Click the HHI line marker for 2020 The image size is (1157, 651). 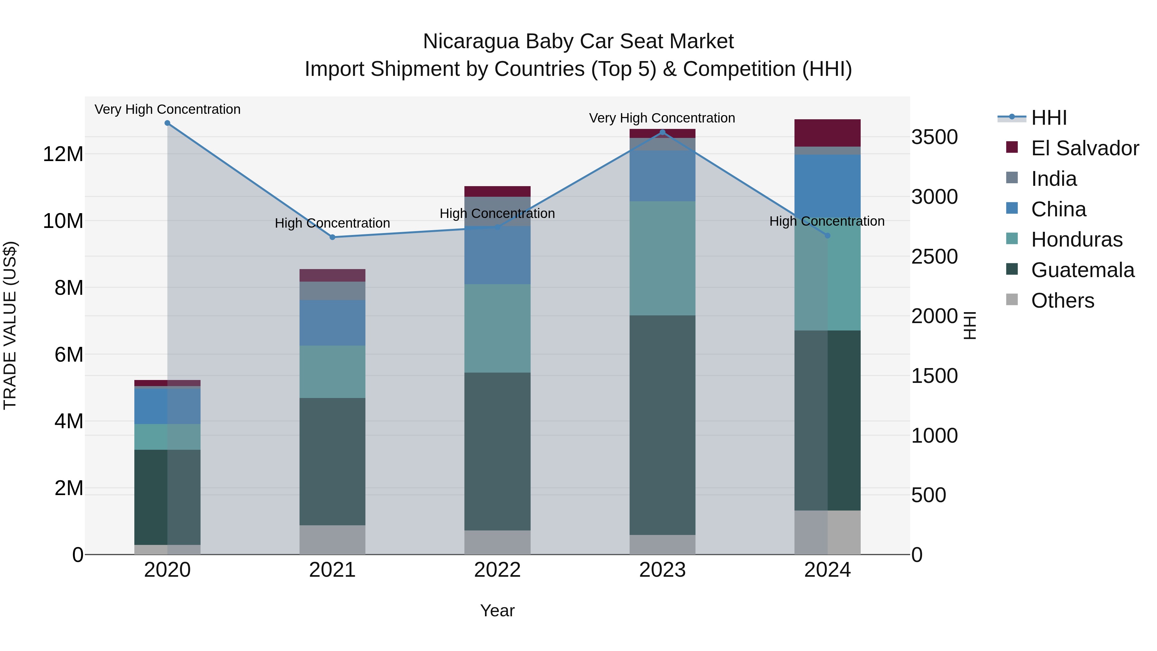(x=167, y=123)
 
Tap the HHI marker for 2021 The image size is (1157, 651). (x=332, y=237)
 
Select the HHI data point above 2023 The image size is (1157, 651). (x=662, y=132)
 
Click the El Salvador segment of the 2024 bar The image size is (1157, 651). (x=827, y=133)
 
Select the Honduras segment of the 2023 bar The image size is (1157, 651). (x=662, y=258)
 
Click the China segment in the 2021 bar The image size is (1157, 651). (x=332, y=322)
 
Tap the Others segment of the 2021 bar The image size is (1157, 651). (x=332, y=539)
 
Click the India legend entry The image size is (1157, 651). (x=1053, y=179)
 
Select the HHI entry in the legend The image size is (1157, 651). (x=1048, y=118)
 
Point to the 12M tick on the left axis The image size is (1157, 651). (x=63, y=154)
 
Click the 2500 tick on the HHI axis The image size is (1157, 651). (x=934, y=257)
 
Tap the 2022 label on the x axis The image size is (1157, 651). (x=497, y=570)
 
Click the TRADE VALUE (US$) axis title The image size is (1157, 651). (x=10, y=325)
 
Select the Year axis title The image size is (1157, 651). (x=497, y=610)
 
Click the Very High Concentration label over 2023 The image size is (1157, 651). (x=662, y=118)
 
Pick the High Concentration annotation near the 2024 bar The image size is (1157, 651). (x=827, y=221)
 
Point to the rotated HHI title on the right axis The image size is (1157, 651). (x=970, y=325)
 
